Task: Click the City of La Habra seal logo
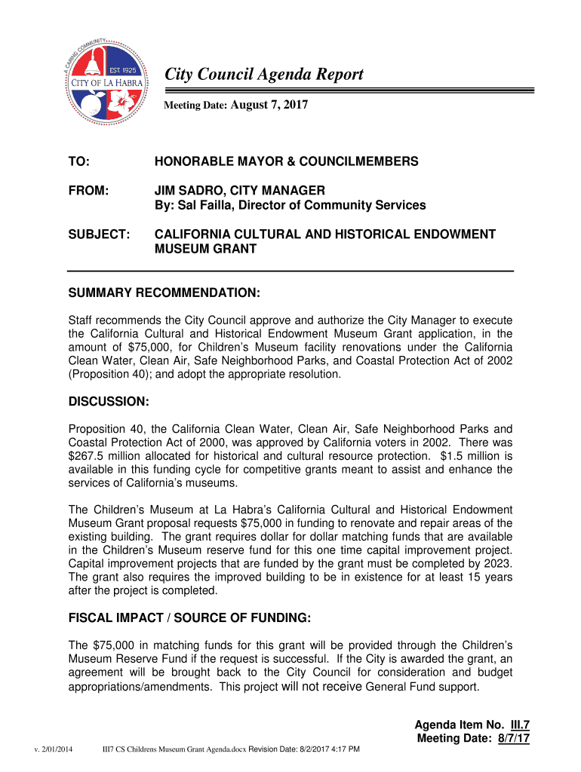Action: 103,81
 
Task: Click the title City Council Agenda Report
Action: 264,74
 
